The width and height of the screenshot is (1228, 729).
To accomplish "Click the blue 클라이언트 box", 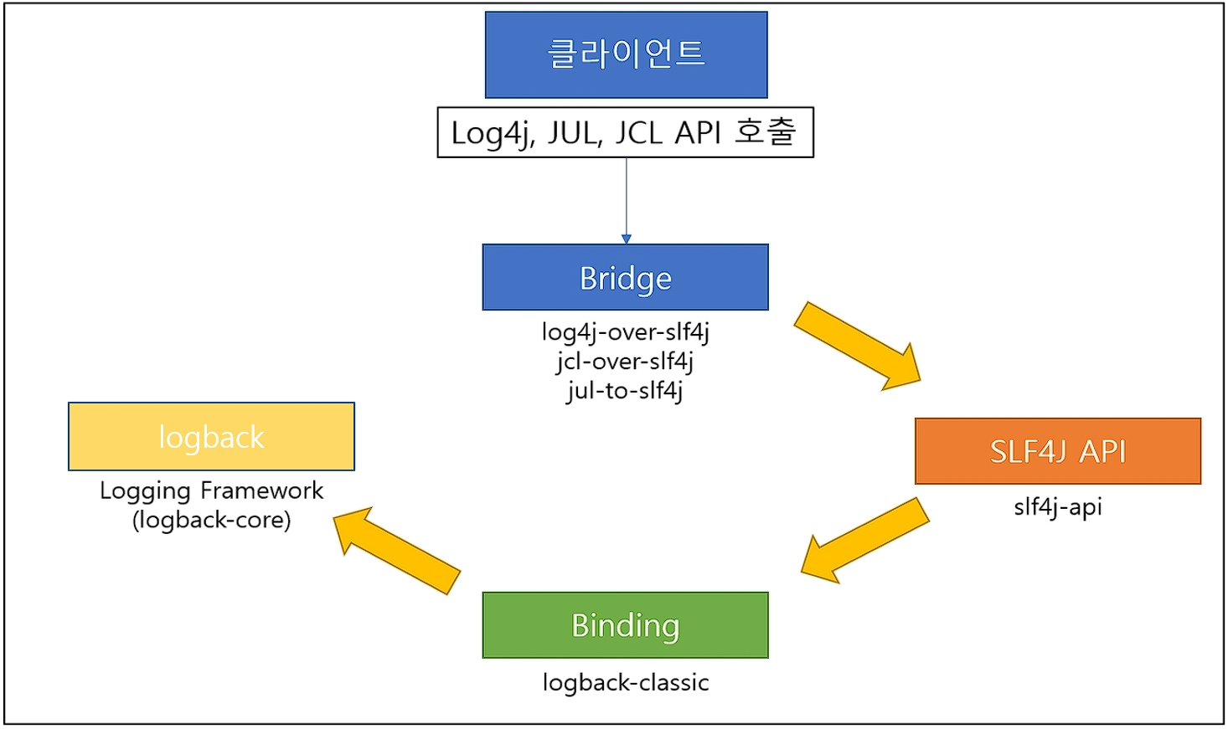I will (x=626, y=54).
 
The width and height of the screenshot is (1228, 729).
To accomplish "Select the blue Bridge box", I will (x=625, y=277).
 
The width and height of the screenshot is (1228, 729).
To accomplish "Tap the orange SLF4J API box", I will (x=1057, y=451).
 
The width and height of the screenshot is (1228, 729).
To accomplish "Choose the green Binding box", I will (x=625, y=625).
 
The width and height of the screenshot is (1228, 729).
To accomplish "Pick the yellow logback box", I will (x=211, y=437).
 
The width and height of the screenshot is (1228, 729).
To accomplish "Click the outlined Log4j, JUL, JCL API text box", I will (x=625, y=132).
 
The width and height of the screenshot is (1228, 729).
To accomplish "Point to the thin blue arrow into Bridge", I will (x=626, y=201).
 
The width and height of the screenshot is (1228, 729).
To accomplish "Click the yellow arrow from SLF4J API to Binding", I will (x=864, y=541).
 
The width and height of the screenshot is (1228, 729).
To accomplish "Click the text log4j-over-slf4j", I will (x=625, y=332).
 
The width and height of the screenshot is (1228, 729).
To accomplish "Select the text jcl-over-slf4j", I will (x=625, y=362).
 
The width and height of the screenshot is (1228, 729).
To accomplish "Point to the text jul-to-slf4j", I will (x=625, y=390).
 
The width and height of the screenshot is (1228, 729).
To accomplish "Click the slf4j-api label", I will (x=1057, y=506).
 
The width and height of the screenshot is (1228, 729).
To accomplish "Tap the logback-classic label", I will (x=625, y=682).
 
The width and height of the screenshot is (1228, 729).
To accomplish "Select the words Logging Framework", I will (x=211, y=490).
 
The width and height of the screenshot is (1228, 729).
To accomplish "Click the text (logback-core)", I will (x=211, y=520).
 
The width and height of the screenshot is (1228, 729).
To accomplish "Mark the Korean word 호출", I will (x=765, y=131).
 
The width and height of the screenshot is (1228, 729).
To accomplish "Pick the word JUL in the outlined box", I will (x=574, y=133).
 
